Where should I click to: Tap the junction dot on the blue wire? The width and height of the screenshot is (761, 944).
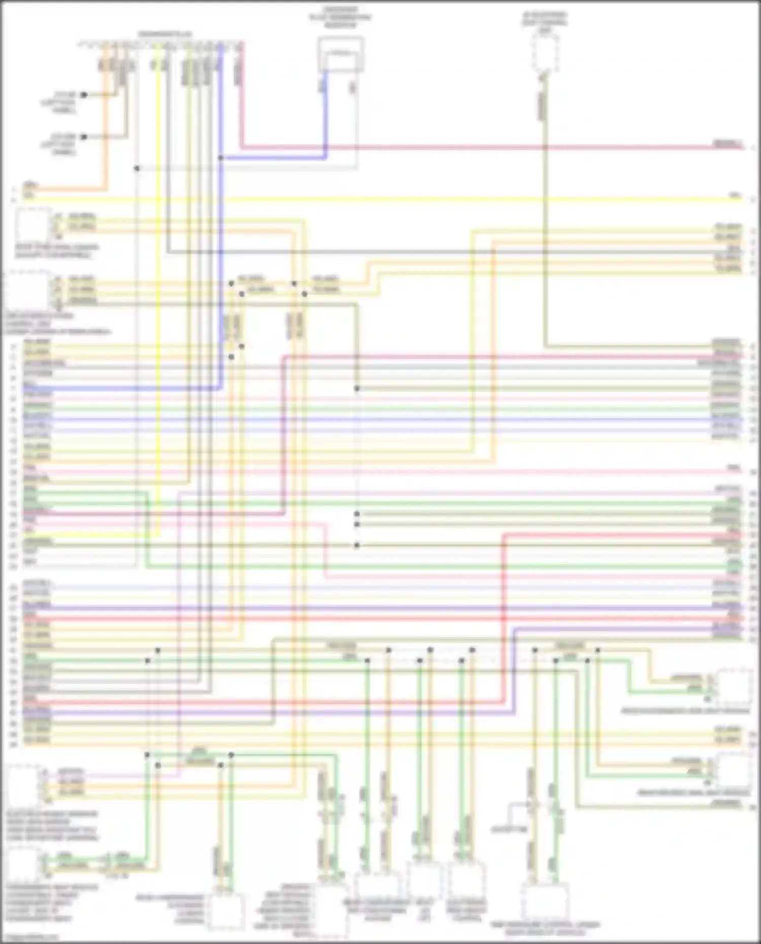[x=221, y=158]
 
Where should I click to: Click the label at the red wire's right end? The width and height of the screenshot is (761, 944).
[x=728, y=144]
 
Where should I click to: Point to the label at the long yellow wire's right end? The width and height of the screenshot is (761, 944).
[x=735, y=195]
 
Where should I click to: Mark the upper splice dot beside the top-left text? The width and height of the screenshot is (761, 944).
[x=84, y=95]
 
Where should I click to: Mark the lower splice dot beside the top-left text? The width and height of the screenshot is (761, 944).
[x=84, y=136]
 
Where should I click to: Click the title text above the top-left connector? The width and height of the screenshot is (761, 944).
[x=165, y=34]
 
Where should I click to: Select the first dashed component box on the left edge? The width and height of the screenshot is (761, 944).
[x=32, y=225]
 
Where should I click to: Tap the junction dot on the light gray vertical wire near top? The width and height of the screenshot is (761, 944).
[x=136, y=168]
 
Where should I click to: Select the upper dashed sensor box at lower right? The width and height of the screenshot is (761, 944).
[x=734, y=686]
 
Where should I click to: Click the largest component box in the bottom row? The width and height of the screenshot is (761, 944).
[x=545, y=902]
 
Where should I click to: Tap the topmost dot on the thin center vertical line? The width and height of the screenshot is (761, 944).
[x=357, y=389]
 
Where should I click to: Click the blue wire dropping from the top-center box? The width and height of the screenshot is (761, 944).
[x=325, y=114]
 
